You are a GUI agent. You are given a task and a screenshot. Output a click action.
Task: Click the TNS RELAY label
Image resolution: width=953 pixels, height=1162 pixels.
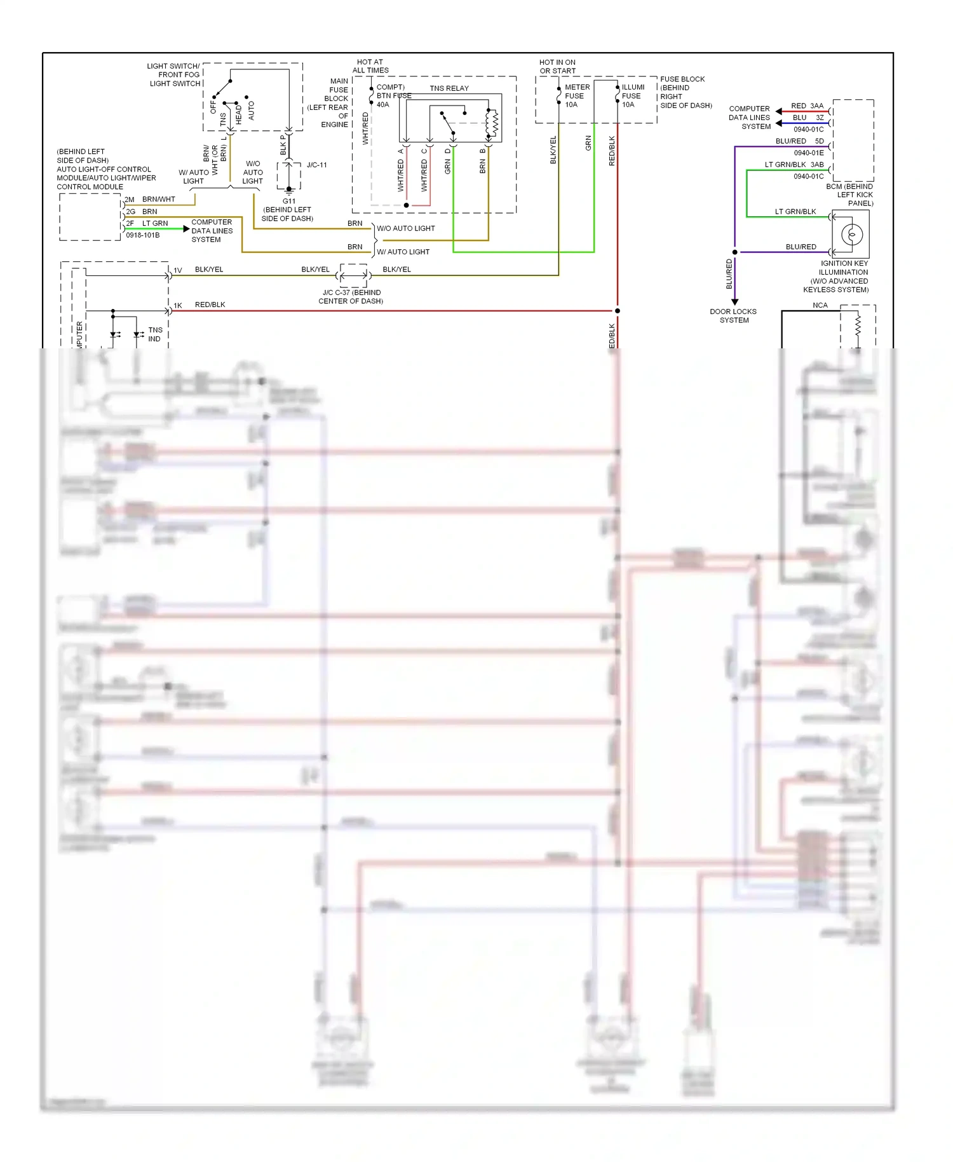(x=449, y=88)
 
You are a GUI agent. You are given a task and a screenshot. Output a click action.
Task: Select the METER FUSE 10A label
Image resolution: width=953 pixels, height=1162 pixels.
(x=576, y=96)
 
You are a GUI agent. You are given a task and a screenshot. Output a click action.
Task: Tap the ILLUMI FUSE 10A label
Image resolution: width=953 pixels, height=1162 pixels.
(x=632, y=96)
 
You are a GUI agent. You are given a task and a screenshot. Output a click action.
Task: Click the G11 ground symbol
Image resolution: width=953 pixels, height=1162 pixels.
(x=289, y=190)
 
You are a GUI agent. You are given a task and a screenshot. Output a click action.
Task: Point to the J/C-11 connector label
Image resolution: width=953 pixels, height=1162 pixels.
(x=316, y=165)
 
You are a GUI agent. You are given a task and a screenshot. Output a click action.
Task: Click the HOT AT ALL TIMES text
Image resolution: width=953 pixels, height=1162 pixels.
(x=370, y=66)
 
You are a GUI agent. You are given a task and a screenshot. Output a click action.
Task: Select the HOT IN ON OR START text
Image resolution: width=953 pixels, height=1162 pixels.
(x=557, y=67)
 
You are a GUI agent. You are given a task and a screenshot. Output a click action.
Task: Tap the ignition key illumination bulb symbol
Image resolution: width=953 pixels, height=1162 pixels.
(x=851, y=235)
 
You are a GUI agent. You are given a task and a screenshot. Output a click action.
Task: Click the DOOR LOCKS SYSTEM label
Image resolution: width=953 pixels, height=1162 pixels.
(x=733, y=316)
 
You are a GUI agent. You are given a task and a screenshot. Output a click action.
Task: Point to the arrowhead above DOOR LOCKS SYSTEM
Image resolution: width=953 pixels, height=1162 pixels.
(x=735, y=303)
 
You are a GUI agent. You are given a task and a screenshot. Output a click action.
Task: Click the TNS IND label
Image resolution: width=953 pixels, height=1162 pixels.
(x=155, y=334)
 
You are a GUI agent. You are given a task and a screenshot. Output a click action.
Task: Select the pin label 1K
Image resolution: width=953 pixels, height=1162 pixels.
(x=178, y=306)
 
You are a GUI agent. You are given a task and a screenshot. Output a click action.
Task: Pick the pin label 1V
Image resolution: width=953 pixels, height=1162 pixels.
(x=178, y=271)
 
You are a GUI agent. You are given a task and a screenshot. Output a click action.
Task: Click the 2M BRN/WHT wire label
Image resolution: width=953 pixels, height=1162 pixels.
(x=151, y=200)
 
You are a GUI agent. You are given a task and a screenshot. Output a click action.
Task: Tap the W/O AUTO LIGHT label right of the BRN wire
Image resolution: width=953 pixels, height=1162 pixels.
(x=405, y=229)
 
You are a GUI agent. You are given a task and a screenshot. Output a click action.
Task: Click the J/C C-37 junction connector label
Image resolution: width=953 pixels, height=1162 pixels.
(x=351, y=297)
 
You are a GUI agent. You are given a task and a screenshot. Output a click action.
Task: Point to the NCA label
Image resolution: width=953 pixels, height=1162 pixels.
(x=820, y=306)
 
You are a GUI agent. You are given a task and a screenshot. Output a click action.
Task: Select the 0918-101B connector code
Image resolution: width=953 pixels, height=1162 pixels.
(x=143, y=235)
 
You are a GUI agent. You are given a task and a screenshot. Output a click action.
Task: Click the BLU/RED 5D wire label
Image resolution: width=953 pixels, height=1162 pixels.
(x=799, y=141)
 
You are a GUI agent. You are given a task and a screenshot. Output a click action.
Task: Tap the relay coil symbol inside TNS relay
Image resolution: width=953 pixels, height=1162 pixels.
(x=493, y=124)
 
